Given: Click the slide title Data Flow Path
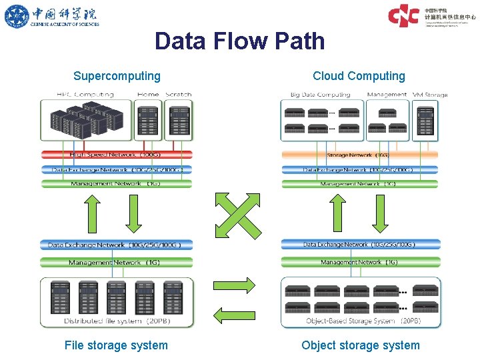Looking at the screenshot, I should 239,41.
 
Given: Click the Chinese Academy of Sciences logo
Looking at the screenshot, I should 51,16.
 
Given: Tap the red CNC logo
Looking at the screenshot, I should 403,15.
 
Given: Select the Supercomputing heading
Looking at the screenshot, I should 117,76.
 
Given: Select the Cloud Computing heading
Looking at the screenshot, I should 359,76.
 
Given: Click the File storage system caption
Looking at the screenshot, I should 116,345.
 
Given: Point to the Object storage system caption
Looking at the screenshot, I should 360,345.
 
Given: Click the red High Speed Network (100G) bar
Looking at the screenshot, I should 117,155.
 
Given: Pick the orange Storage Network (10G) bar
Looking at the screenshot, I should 360,155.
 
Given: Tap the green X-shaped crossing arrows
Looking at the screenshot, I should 234,214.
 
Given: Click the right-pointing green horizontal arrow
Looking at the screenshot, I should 234,286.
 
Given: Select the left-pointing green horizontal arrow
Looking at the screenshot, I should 234,313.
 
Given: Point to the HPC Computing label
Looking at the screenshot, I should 85,95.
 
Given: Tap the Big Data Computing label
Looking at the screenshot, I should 320,95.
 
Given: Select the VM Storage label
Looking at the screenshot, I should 430,95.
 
